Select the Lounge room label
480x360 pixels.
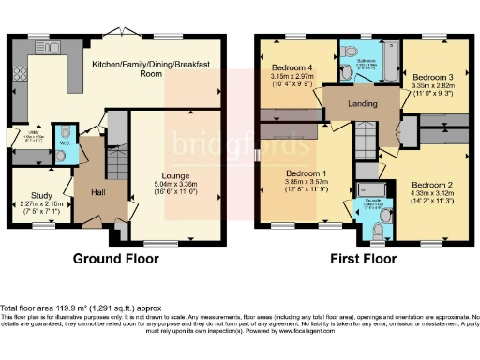click(x=175, y=175)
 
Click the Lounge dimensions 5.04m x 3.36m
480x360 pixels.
click(x=175, y=186)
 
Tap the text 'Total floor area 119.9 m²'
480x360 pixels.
click(x=61, y=307)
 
